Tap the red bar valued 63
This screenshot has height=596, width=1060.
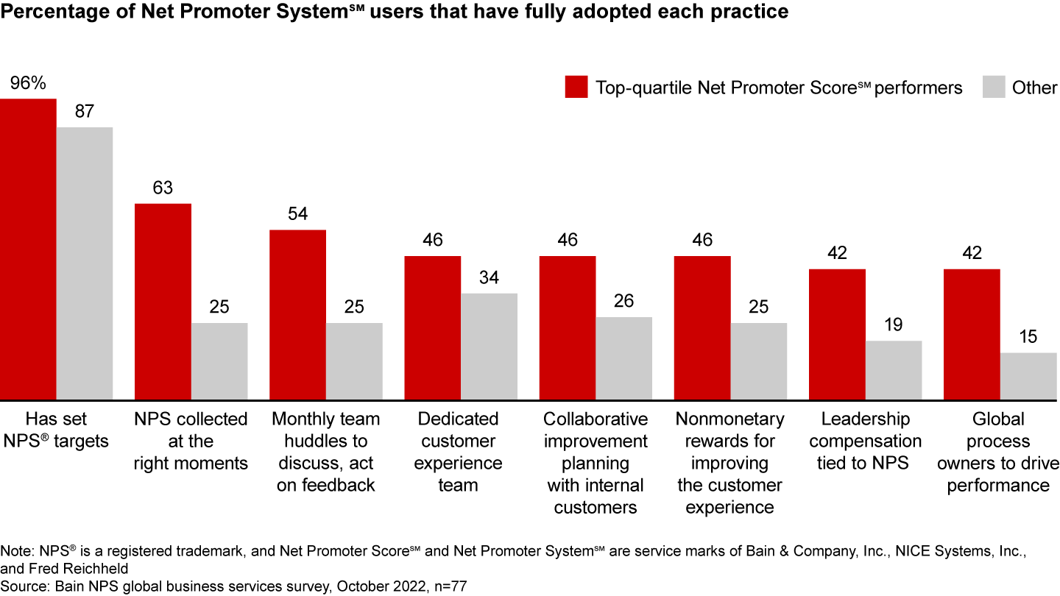(163, 302)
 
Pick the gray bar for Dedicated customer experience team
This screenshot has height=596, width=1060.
(489, 347)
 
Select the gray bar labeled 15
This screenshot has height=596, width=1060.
(1028, 376)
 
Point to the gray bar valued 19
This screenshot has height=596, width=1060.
(894, 370)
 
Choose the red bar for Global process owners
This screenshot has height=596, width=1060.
(972, 334)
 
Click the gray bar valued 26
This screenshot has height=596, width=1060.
(623, 358)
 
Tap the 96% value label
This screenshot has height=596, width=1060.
(28, 83)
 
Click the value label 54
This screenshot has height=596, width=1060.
(297, 214)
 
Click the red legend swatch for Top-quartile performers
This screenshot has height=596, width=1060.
(576, 87)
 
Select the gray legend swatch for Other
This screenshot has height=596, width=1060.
(993, 87)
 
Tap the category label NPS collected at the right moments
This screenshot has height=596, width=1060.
(191, 441)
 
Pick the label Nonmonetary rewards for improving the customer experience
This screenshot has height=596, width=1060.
(729, 463)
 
